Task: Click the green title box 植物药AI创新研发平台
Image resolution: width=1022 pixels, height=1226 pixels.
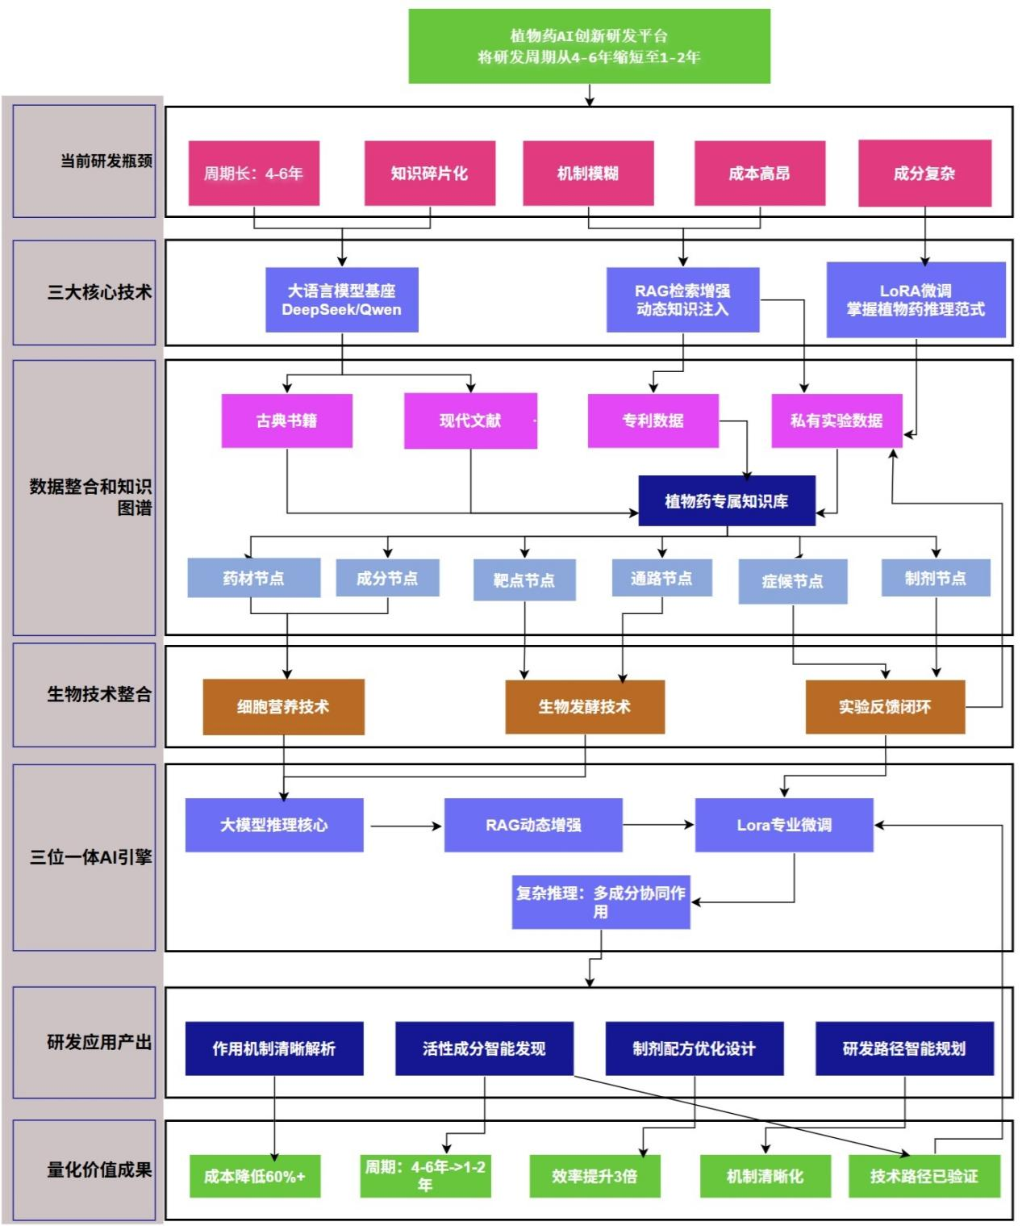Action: [x=589, y=46]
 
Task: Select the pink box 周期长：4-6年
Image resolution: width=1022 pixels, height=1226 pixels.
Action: [x=254, y=174]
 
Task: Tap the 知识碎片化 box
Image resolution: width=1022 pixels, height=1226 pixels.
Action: [x=430, y=174]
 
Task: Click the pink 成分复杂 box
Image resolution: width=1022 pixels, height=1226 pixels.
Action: [x=924, y=174]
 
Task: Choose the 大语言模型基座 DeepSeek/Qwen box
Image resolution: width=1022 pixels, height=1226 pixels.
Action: [x=342, y=300]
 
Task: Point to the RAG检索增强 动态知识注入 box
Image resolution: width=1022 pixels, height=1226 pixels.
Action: [x=682, y=300]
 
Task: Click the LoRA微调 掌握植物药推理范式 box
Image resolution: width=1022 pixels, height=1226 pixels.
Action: [x=916, y=300]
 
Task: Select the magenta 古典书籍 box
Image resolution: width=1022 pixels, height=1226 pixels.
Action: [x=287, y=421]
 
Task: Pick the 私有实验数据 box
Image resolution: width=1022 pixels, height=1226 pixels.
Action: [x=836, y=421]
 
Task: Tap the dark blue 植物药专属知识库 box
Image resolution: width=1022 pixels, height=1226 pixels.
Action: [x=727, y=501]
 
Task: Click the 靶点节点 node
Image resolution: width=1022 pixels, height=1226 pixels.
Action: [x=524, y=580]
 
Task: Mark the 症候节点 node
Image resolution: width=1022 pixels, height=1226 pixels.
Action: [x=793, y=581]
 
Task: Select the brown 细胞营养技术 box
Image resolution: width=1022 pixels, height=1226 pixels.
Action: [x=283, y=707]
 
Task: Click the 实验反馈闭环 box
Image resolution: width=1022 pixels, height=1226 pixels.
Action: [x=885, y=707]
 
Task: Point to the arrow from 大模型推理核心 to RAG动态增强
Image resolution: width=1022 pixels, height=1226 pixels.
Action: [x=406, y=826]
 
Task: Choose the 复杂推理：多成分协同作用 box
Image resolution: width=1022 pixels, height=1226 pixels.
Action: [x=601, y=902]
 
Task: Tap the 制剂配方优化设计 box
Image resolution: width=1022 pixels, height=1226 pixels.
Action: [x=695, y=1048]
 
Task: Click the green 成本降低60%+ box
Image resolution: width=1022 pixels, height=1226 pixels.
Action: [x=255, y=1176]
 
